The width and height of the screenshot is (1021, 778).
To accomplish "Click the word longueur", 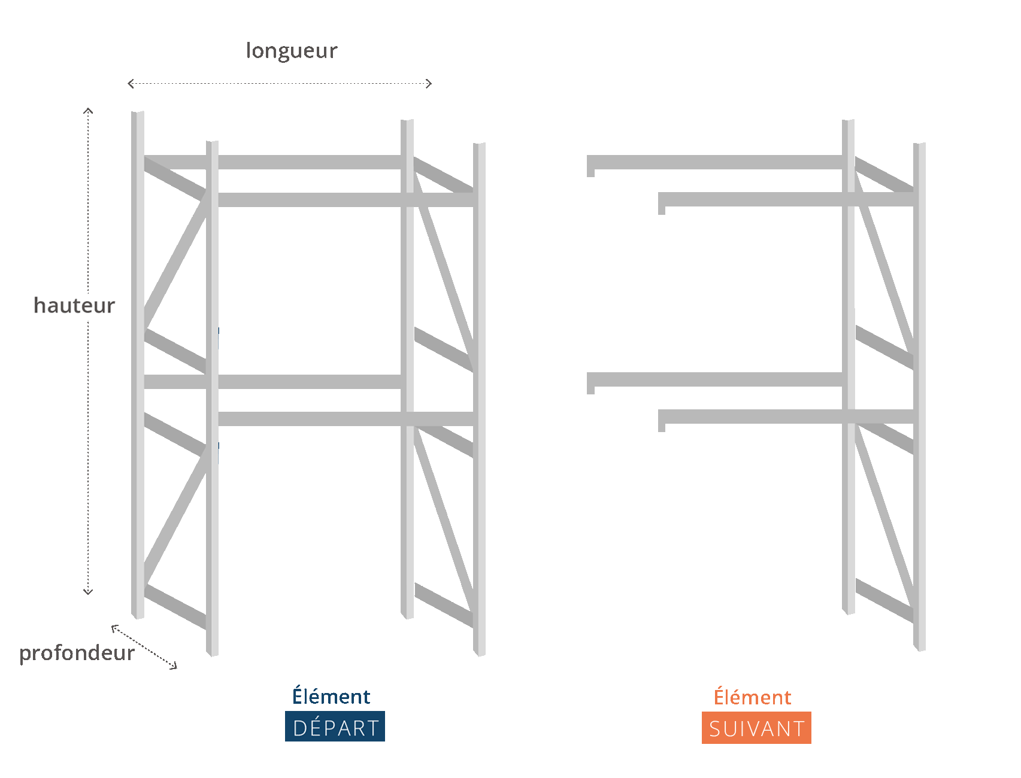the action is tap(292, 51).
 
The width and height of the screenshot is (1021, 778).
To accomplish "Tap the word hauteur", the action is tap(74, 305).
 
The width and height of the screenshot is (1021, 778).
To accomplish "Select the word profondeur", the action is tap(77, 653).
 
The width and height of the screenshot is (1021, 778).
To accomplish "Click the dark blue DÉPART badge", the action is tap(335, 727).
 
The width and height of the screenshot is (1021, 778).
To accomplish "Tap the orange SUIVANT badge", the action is tap(756, 728).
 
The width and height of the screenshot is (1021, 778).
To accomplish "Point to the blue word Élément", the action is tap(331, 696).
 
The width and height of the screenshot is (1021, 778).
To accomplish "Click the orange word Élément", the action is tap(752, 697).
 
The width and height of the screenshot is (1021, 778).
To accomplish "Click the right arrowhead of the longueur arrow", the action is tap(429, 84).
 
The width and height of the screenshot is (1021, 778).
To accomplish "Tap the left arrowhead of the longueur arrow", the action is tap(131, 84).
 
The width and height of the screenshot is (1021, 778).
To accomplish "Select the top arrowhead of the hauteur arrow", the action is tap(88, 110).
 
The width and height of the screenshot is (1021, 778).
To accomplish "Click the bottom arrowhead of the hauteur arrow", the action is tap(88, 592).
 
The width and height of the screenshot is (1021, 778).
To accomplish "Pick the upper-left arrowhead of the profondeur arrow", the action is tap(114, 627).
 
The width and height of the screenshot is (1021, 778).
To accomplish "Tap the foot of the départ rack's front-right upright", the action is tap(479, 653).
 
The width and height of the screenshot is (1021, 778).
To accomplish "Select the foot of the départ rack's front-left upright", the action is tap(212, 653).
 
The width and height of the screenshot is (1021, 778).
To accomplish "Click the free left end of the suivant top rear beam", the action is tap(590, 166).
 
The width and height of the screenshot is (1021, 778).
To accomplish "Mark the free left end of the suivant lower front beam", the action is tap(662, 420).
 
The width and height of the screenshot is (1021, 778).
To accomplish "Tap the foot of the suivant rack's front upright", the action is tap(920, 648).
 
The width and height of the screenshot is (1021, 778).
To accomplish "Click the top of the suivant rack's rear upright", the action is tap(848, 121).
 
